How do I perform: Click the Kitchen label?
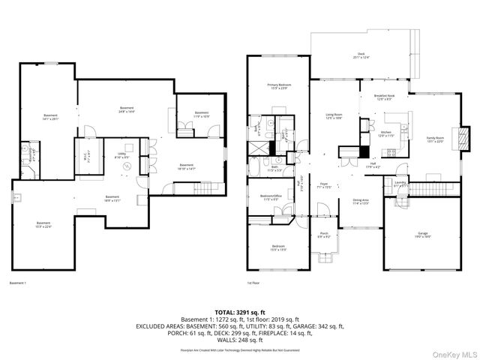pos(385,133)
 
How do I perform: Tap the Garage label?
pos(423,235)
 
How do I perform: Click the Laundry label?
pos(400,183)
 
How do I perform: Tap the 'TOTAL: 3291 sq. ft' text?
pos(239,311)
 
